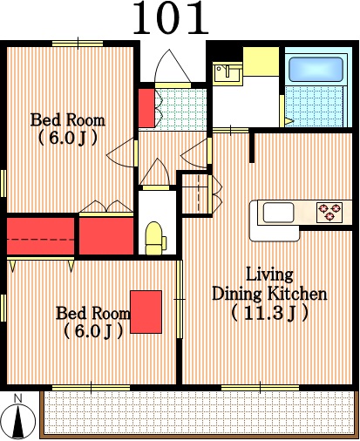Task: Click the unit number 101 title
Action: pos(171,18)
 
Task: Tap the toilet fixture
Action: pos(155,239)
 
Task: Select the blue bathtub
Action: pos(316,70)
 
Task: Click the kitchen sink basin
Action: pos(278,213)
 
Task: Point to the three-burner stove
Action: pos(329,212)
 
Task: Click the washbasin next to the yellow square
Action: pos(228,73)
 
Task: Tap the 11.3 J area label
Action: pos(269,313)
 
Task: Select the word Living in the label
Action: pos(269,275)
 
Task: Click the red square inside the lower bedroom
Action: pos(146,312)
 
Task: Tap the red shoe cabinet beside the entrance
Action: pos(146,108)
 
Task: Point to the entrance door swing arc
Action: pos(172,65)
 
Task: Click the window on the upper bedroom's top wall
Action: pos(78,44)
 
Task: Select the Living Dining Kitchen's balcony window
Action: pos(260,388)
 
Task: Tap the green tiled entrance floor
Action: pos(181,109)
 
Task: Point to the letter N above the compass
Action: pos(18,398)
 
